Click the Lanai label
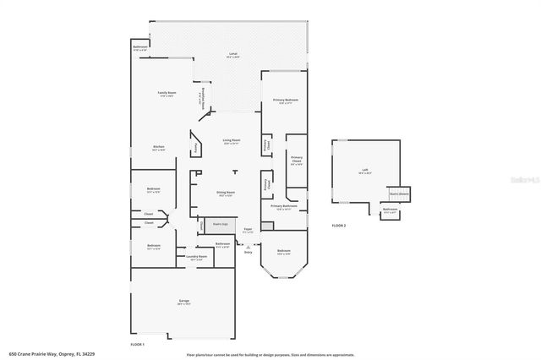click(x=232, y=54)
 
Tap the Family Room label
click(x=167, y=93)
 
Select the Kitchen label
click(x=158, y=148)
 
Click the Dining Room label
click(x=226, y=193)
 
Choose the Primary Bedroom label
click(x=285, y=101)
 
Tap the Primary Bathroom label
click(x=284, y=206)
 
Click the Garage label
click(x=183, y=301)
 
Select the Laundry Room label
click(x=195, y=257)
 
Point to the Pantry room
click(x=196, y=146)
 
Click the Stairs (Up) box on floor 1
click(x=220, y=225)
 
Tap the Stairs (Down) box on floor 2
click(x=397, y=193)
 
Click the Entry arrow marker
click(x=248, y=246)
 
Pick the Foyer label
click(x=248, y=230)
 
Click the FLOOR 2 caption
click(x=339, y=226)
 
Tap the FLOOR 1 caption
click(x=138, y=346)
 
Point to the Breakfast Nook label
click(x=199, y=99)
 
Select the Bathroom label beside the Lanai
click(x=140, y=48)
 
